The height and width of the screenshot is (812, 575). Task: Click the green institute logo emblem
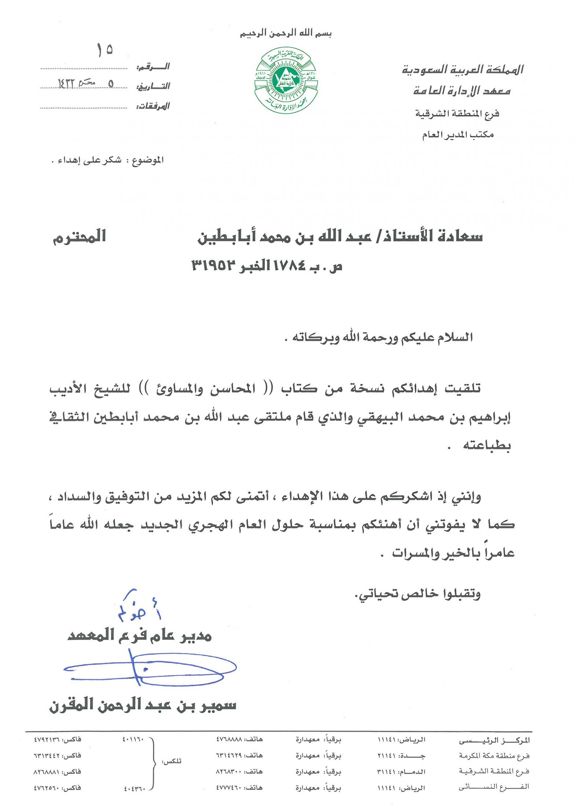286,80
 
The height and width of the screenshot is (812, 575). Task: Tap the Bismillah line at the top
286,34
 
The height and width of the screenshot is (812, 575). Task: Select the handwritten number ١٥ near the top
105,50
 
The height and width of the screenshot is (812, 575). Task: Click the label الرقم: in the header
153,67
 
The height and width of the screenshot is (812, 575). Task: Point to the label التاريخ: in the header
153,86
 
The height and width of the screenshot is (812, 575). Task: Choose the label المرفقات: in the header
153,107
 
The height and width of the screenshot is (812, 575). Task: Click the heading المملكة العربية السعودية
463,70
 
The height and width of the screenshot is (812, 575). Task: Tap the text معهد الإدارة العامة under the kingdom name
462,90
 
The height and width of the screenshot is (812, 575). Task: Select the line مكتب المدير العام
457,135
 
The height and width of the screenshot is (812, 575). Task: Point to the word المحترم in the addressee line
80,237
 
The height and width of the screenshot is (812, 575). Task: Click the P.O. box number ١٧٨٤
289,266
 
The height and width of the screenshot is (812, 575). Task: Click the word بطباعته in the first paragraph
487,445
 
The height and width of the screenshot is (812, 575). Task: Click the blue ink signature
150,669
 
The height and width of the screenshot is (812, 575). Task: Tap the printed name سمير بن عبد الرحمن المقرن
143,705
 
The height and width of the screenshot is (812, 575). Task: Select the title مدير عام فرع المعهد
140,635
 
